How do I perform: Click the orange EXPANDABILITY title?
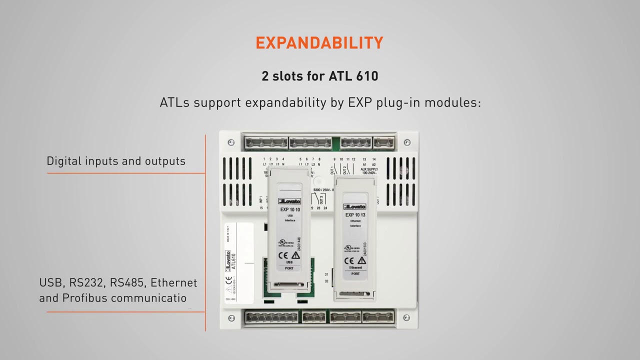click(x=319, y=43)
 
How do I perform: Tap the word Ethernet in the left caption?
click(x=174, y=283)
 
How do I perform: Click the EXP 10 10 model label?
click(x=290, y=210)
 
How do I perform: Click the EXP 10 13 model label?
click(x=355, y=215)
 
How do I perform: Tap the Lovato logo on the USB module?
click(x=289, y=201)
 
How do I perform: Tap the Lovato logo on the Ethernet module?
click(x=355, y=206)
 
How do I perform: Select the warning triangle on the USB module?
click(x=296, y=255)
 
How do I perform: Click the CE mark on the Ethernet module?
click(x=349, y=261)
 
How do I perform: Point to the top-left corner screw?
click(x=231, y=142)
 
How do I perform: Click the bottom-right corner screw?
click(x=406, y=317)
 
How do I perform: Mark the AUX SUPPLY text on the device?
click(x=369, y=169)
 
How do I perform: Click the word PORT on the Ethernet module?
click(x=355, y=274)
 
